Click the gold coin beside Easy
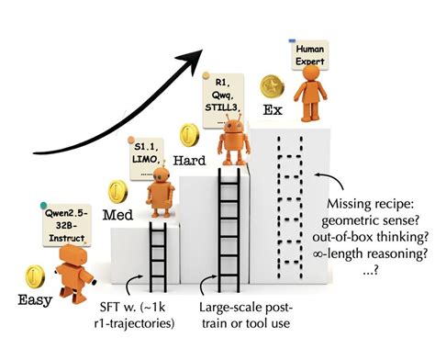(35, 275)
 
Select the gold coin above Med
(117, 192)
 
